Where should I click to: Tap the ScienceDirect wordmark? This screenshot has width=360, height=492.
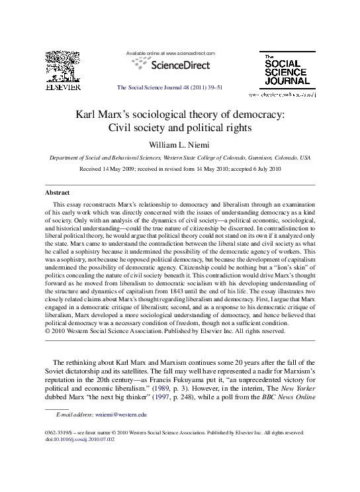(x=180, y=65)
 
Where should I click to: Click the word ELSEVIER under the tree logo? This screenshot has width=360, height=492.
(x=62, y=86)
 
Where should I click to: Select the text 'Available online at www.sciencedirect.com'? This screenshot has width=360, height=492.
(x=171, y=53)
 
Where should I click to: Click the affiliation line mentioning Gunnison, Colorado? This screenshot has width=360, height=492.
(x=180, y=158)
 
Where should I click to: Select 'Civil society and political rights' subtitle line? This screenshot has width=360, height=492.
(x=180, y=127)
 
